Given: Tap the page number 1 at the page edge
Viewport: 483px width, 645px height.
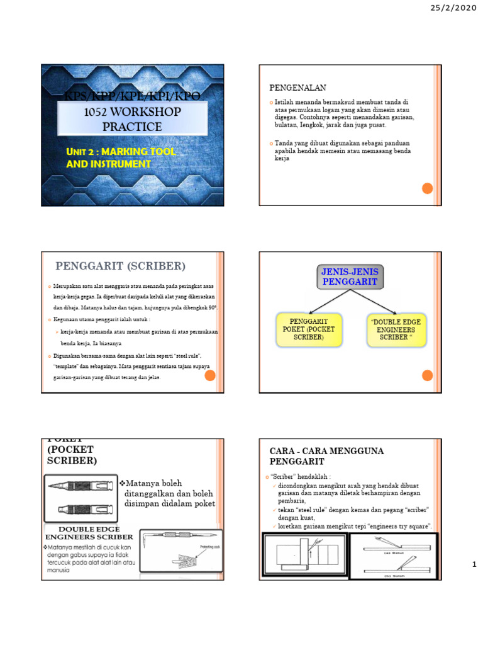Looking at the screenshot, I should click(x=474, y=566).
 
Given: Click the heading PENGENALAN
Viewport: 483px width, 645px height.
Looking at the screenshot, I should click(x=298, y=88).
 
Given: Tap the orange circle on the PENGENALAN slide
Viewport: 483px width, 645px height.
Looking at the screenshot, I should click(x=426, y=188).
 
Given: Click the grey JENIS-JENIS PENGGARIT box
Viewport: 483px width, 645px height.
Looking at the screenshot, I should click(x=351, y=277).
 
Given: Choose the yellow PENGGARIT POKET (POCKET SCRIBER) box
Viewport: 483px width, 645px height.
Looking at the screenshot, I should click(x=309, y=329).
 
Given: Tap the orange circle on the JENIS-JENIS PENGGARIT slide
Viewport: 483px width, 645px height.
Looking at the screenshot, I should click(x=426, y=375).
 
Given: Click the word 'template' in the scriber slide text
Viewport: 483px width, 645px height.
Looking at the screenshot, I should click(x=66, y=365).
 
